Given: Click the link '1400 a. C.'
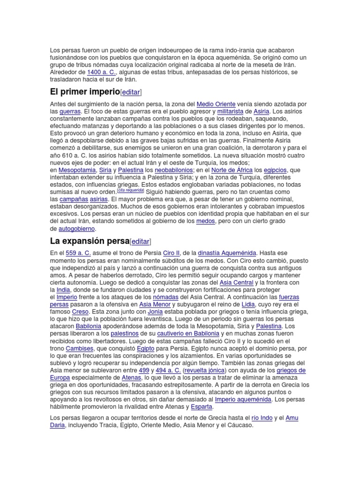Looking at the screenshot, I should pos(101,72).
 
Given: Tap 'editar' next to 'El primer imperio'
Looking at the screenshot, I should pos(131,92).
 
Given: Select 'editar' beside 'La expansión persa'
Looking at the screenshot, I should pos(140,241).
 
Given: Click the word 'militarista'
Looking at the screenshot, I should pos(230,111).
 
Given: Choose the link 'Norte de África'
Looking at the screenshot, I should pos(232,170).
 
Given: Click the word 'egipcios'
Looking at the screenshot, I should pos(275,170).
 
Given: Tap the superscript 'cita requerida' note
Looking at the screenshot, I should pos(130,191).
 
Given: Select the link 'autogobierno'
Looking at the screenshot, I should pos(76,228).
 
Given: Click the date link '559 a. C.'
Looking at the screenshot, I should pos(78,253).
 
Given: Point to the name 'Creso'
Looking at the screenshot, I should pos(80,311).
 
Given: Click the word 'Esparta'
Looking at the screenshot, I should pos(202,407).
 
